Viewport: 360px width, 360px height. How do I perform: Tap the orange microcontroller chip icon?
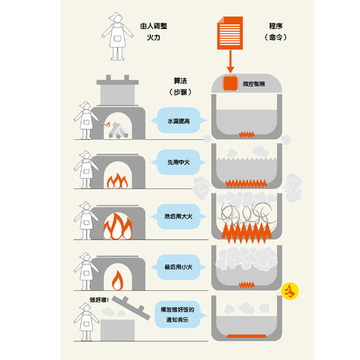tap(229, 84)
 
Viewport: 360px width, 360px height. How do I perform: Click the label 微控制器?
tap(253, 84)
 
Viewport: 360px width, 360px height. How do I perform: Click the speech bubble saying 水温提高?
tap(177, 120)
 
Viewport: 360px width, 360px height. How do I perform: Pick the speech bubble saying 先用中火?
tap(177, 163)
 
